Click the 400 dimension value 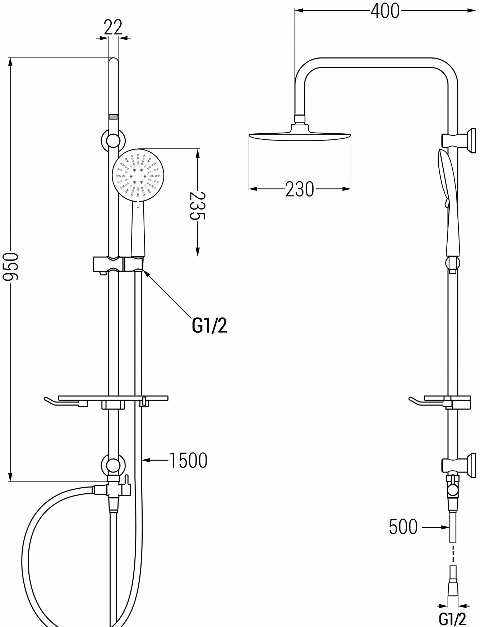coord(385,11)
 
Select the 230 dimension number coord(300,189)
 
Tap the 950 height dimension coord(10,267)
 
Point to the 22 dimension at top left coord(113,27)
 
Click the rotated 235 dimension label coord(197,206)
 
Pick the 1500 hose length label coord(188,460)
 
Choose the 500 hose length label coord(403,527)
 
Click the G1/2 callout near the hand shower coord(209,326)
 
